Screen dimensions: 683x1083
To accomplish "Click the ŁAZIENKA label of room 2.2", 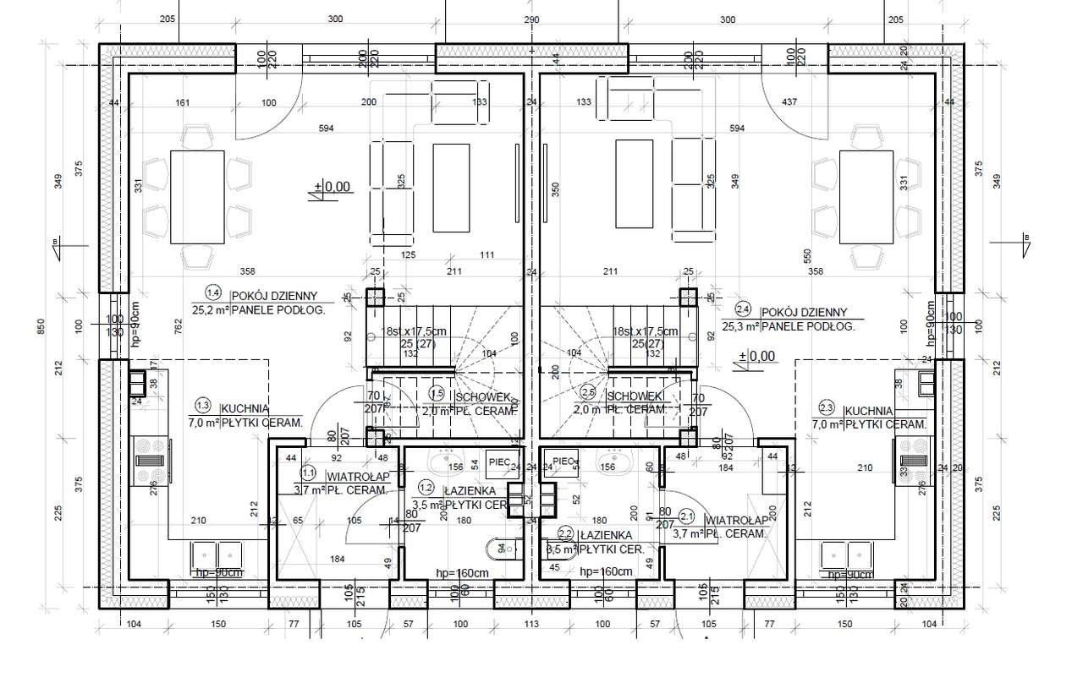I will (607, 534).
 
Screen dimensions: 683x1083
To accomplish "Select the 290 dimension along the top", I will (531, 19).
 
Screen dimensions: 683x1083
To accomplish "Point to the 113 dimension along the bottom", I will (531, 624).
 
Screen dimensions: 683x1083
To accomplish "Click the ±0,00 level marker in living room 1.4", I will (332, 187).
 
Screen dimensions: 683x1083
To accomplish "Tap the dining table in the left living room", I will (197, 195).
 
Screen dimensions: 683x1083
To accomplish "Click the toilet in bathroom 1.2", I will (498, 549).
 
